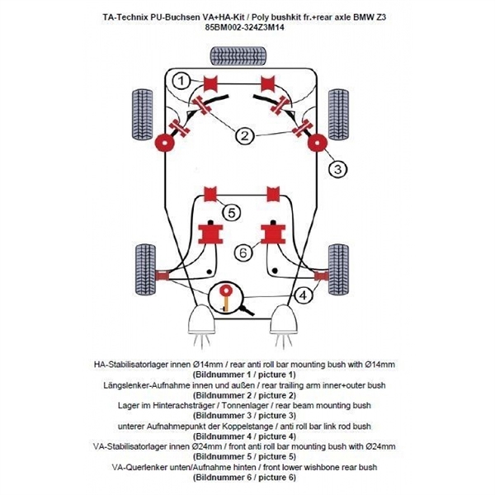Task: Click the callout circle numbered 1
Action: pyautogui.click(x=181, y=79)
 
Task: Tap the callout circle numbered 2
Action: pyautogui.click(x=245, y=136)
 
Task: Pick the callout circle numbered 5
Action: pyautogui.click(x=232, y=213)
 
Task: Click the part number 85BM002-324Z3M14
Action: pyautogui.click(x=247, y=26)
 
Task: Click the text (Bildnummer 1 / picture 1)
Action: pyautogui.click(x=247, y=374)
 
